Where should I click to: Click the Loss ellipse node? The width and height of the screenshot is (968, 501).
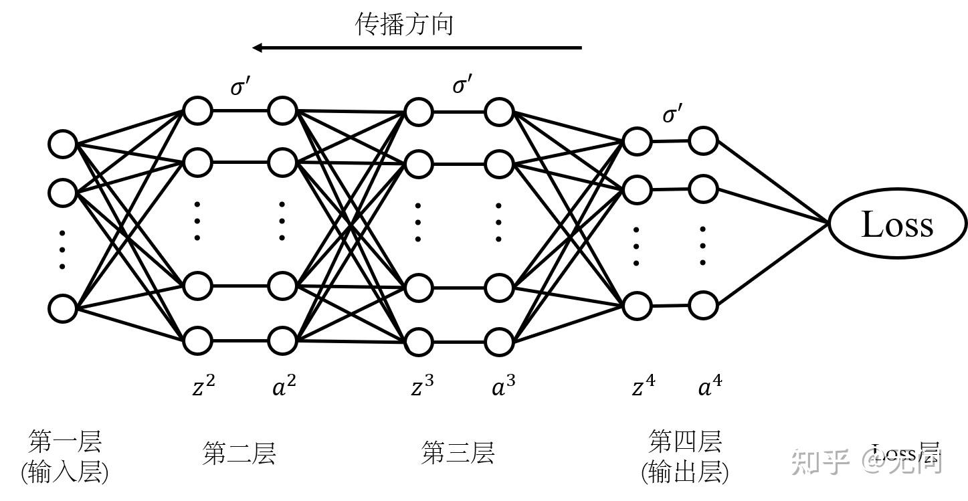898,224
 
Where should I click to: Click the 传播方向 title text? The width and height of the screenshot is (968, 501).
405,24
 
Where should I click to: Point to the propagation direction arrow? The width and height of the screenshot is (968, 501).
417,47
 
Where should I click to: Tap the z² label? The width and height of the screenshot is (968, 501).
203,386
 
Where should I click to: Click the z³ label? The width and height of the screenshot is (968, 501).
421,386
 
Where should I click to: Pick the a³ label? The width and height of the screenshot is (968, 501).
503,386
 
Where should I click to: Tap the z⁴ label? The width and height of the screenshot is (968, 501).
643,386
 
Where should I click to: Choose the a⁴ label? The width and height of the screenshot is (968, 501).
710,386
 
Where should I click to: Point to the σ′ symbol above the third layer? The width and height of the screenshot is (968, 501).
462,85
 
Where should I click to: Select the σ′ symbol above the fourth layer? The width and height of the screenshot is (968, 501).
672,114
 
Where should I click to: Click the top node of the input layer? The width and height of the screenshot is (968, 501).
63,144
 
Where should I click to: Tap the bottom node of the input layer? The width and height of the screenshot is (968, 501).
63,309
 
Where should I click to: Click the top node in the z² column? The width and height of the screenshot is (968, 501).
197,111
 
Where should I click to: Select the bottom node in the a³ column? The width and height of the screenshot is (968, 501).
499,342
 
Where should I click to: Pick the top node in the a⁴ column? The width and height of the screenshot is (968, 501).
703,141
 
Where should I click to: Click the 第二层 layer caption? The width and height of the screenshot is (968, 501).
239,454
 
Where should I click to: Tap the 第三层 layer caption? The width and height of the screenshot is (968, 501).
458,453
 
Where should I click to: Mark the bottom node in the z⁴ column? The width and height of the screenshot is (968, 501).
637,306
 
